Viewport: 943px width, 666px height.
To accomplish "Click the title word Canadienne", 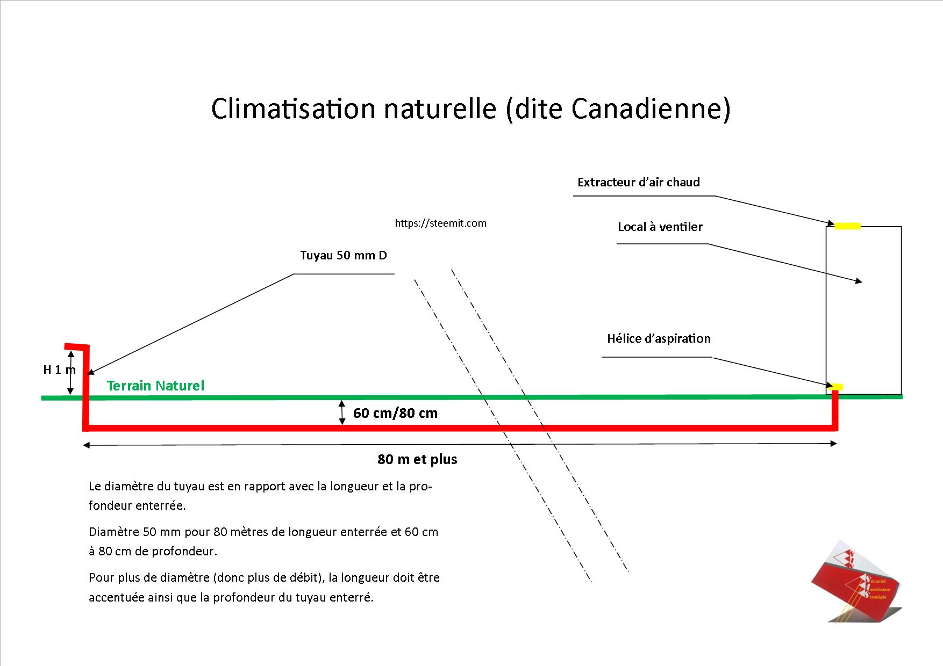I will pyautogui.click(x=651, y=109).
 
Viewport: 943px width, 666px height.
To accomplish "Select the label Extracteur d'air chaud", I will pyautogui.click(x=638, y=182).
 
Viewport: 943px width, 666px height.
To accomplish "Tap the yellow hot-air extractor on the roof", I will pyautogui.click(x=847, y=226).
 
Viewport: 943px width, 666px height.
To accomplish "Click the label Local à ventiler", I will pyautogui.click(x=660, y=227).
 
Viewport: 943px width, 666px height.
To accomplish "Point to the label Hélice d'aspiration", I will pyautogui.click(x=658, y=338).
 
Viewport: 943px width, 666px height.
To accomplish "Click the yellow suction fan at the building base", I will pyautogui.click(x=837, y=387).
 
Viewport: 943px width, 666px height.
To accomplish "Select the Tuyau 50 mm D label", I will pyautogui.click(x=343, y=255).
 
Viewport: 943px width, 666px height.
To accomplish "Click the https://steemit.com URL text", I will pyautogui.click(x=440, y=223).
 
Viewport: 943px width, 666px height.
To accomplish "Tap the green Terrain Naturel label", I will pyautogui.click(x=155, y=386).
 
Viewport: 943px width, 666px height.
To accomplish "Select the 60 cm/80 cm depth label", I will pyautogui.click(x=395, y=413).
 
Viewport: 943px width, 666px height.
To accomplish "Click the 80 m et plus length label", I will pyautogui.click(x=417, y=459).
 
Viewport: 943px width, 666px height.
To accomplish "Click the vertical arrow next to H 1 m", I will pyautogui.click(x=70, y=372).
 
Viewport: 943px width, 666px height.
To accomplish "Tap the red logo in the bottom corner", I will pyautogui.click(x=855, y=582).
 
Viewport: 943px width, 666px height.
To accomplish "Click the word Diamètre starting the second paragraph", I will pyautogui.click(x=114, y=532).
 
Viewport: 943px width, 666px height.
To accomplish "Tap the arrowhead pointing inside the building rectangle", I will pyautogui.click(x=859, y=281).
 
